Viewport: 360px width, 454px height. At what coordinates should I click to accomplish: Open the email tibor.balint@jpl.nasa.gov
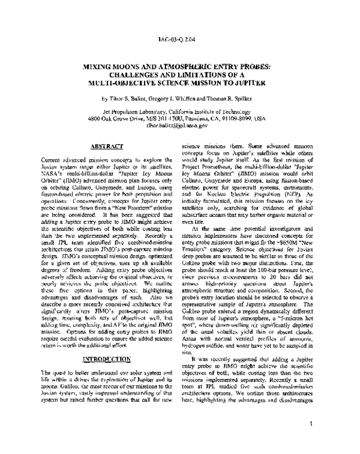pos(180,126)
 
